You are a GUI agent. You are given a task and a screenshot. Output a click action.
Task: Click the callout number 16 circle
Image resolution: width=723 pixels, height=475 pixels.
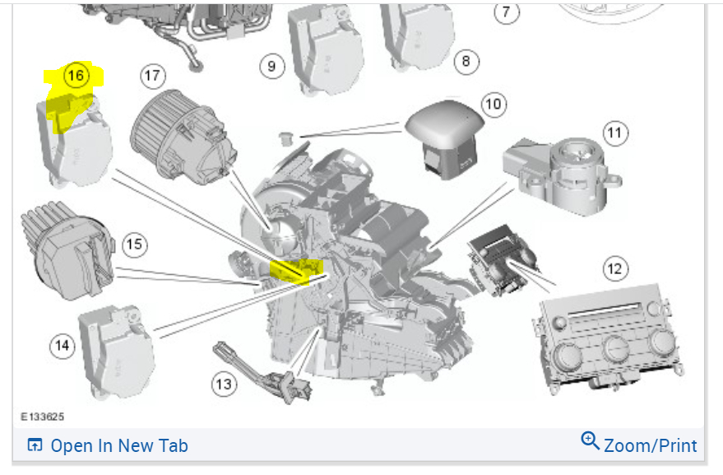(76, 77)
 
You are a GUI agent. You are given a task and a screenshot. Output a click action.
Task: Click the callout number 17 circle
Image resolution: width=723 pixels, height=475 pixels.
(151, 77)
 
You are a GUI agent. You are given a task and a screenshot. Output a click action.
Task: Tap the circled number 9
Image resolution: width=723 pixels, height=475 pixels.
(271, 65)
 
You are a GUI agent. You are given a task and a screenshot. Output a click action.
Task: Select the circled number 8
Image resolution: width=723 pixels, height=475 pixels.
(466, 60)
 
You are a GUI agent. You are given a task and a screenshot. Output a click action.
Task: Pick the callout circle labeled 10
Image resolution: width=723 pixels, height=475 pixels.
(493, 104)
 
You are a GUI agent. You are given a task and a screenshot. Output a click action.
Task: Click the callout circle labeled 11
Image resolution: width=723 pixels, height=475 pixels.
(614, 132)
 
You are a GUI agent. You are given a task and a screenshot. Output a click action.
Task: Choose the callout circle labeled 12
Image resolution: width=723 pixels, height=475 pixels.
(614, 268)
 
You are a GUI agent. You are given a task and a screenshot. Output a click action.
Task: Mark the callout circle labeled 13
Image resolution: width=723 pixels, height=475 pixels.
(223, 382)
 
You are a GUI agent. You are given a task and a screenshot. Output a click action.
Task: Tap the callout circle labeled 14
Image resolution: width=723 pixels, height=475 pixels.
(62, 346)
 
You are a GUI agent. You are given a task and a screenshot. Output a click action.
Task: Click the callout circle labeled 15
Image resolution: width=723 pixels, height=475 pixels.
(134, 244)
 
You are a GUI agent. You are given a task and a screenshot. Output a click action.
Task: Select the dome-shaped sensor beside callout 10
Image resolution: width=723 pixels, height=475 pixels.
(444, 136)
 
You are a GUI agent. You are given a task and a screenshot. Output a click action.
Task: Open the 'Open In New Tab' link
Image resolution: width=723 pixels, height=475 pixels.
(108, 445)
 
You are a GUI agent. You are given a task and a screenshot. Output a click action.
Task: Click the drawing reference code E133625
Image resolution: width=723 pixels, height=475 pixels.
(43, 418)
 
